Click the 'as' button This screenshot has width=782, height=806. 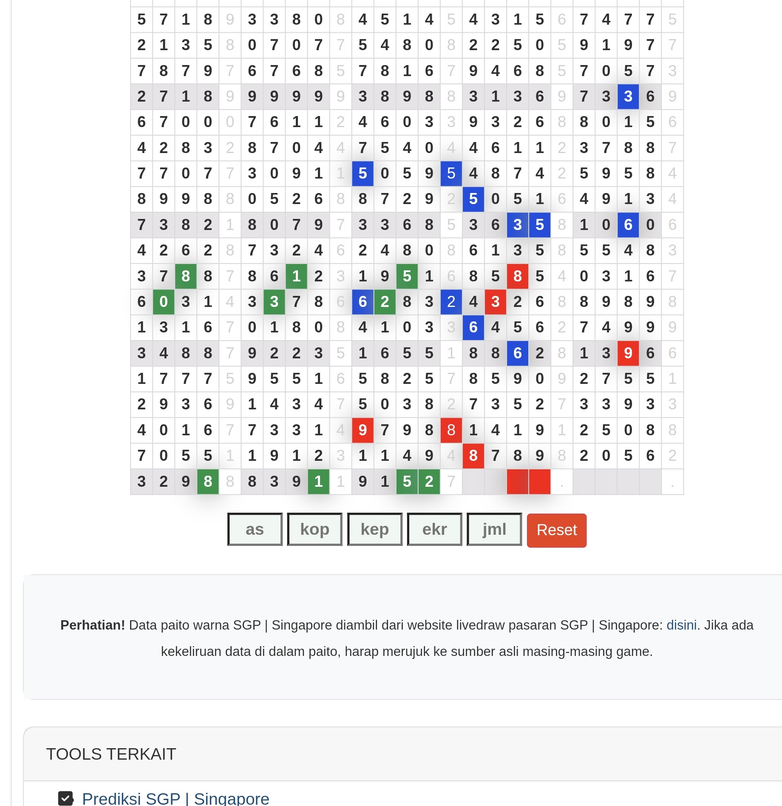coord(255,529)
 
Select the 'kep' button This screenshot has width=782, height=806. coord(374,529)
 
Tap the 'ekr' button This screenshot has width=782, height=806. coord(434,529)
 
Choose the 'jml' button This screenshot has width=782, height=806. coord(494,529)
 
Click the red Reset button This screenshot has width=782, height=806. coord(556,530)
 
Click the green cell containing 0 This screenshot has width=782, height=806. coord(164,302)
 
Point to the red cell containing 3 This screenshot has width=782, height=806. coord(495,302)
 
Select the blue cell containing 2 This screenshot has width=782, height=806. coord(451,302)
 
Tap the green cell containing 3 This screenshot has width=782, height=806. coord(274,302)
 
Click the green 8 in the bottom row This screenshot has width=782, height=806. coord(208,482)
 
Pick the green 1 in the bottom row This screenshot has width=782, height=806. coord(318,482)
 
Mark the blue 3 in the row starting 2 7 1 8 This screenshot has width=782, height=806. coord(628,96)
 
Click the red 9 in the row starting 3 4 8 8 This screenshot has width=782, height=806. coord(628,353)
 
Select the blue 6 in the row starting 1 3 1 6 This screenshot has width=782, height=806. coord(473,327)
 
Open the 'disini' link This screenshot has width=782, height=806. coord(681,625)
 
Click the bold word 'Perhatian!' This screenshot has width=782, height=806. coord(93,625)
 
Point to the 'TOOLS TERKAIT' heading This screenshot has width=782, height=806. coord(111,754)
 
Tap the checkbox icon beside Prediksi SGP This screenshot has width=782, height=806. coord(66,798)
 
